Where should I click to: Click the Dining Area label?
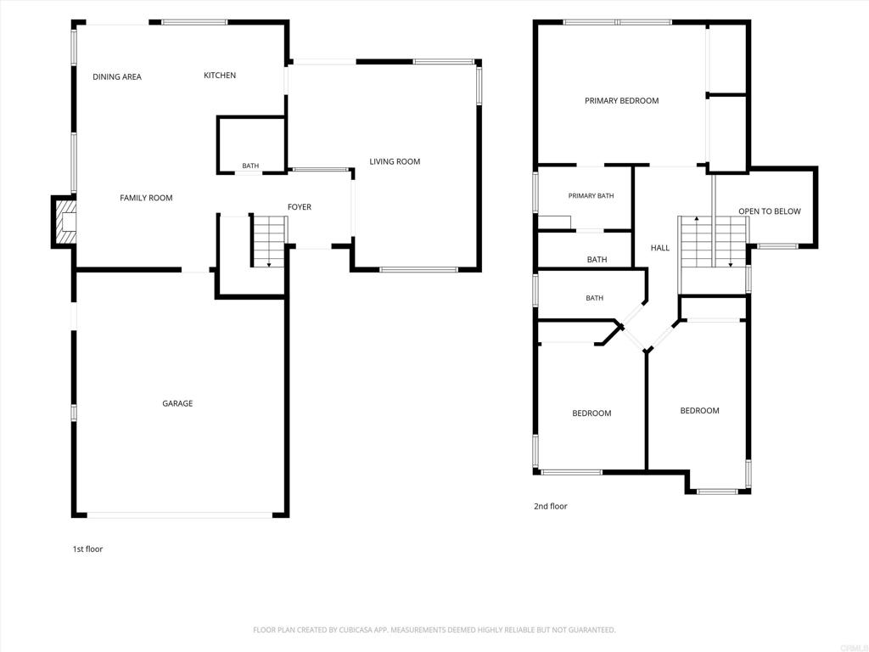pyautogui.click(x=117, y=76)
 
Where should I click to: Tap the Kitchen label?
pyautogui.click(x=220, y=76)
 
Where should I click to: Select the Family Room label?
pyautogui.click(x=146, y=198)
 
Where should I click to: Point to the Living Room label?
pyautogui.click(x=395, y=161)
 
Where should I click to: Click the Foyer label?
pyautogui.click(x=300, y=207)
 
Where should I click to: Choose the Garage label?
pyautogui.click(x=177, y=403)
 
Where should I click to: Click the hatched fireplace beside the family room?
pyautogui.click(x=64, y=222)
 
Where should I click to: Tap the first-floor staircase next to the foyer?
pyautogui.click(x=269, y=242)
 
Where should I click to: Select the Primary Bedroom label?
pyautogui.click(x=622, y=101)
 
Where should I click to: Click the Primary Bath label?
pyautogui.click(x=591, y=196)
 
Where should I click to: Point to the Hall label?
pyautogui.click(x=660, y=248)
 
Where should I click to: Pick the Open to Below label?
pyautogui.click(x=770, y=211)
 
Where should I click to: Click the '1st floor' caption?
pyautogui.click(x=87, y=549)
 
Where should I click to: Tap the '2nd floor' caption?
pyautogui.click(x=550, y=506)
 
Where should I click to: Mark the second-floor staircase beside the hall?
pyautogui.click(x=714, y=242)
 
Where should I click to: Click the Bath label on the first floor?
pyautogui.click(x=250, y=166)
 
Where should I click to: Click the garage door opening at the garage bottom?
pyautogui.click(x=180, y=515)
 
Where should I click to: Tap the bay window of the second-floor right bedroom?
pyautogui.click(x=717, y=492)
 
